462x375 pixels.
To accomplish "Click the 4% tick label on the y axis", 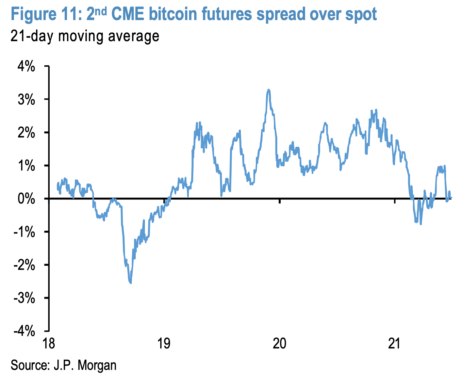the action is click(26, 66).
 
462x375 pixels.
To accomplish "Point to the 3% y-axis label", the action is click(26, 99).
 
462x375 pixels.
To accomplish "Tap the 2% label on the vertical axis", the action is click(26, 132).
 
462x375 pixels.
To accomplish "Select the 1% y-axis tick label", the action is click(26, 166).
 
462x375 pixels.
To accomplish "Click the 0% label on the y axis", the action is click(26, 199).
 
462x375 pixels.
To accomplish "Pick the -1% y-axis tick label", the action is click(24, 232).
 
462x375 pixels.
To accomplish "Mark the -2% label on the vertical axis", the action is click(24, 265).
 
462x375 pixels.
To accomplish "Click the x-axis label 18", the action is click(49, 344).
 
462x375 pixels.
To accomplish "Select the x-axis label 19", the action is click(164, 344).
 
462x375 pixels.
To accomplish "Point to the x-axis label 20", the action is click(280, 344).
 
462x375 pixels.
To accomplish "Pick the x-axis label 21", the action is click(394, 344).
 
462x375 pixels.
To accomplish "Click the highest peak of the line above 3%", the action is click(268, 89).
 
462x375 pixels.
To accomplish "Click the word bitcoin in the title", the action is click(173, 14).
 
